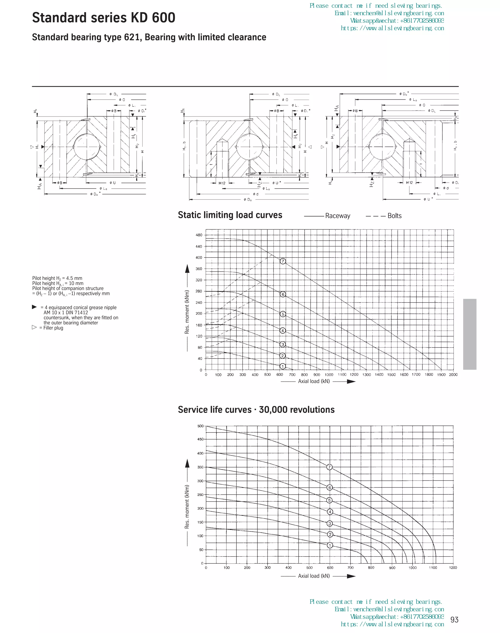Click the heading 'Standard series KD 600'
[104, 18]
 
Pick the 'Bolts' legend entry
[394, 216]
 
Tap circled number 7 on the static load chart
[282, 261]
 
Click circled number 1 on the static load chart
[282, 366]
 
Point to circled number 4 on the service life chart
[330, 512]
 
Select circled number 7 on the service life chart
[329, 467]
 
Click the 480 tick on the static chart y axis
[199, 235]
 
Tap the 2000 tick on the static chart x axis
[453, 375]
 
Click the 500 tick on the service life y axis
[200, 426]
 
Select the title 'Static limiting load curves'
[230, 215]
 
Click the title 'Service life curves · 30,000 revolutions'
[256, 409]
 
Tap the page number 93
[454, 620]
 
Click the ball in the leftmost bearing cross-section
[87, 146]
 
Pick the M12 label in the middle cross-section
[222, 183]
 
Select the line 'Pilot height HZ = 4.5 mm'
[57, 278]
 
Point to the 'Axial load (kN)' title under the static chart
[314, 381]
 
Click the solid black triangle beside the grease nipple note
[34, 307]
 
